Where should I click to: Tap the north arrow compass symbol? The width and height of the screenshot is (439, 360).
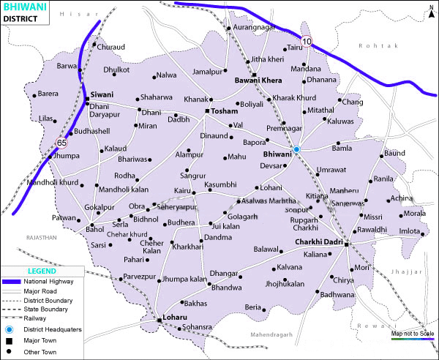coord(430,10)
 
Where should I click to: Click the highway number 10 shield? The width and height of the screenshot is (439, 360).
coord(306,42)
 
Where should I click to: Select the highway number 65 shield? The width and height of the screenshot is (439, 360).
coord(61,142)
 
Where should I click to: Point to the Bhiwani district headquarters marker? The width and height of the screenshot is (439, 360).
coord(296,149)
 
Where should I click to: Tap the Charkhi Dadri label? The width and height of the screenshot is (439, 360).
coord(318,242)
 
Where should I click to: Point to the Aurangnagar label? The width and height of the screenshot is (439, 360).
coord(253,27)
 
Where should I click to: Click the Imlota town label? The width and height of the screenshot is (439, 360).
coord(410,233)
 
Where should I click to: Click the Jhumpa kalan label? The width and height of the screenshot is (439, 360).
coord(184,279)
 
